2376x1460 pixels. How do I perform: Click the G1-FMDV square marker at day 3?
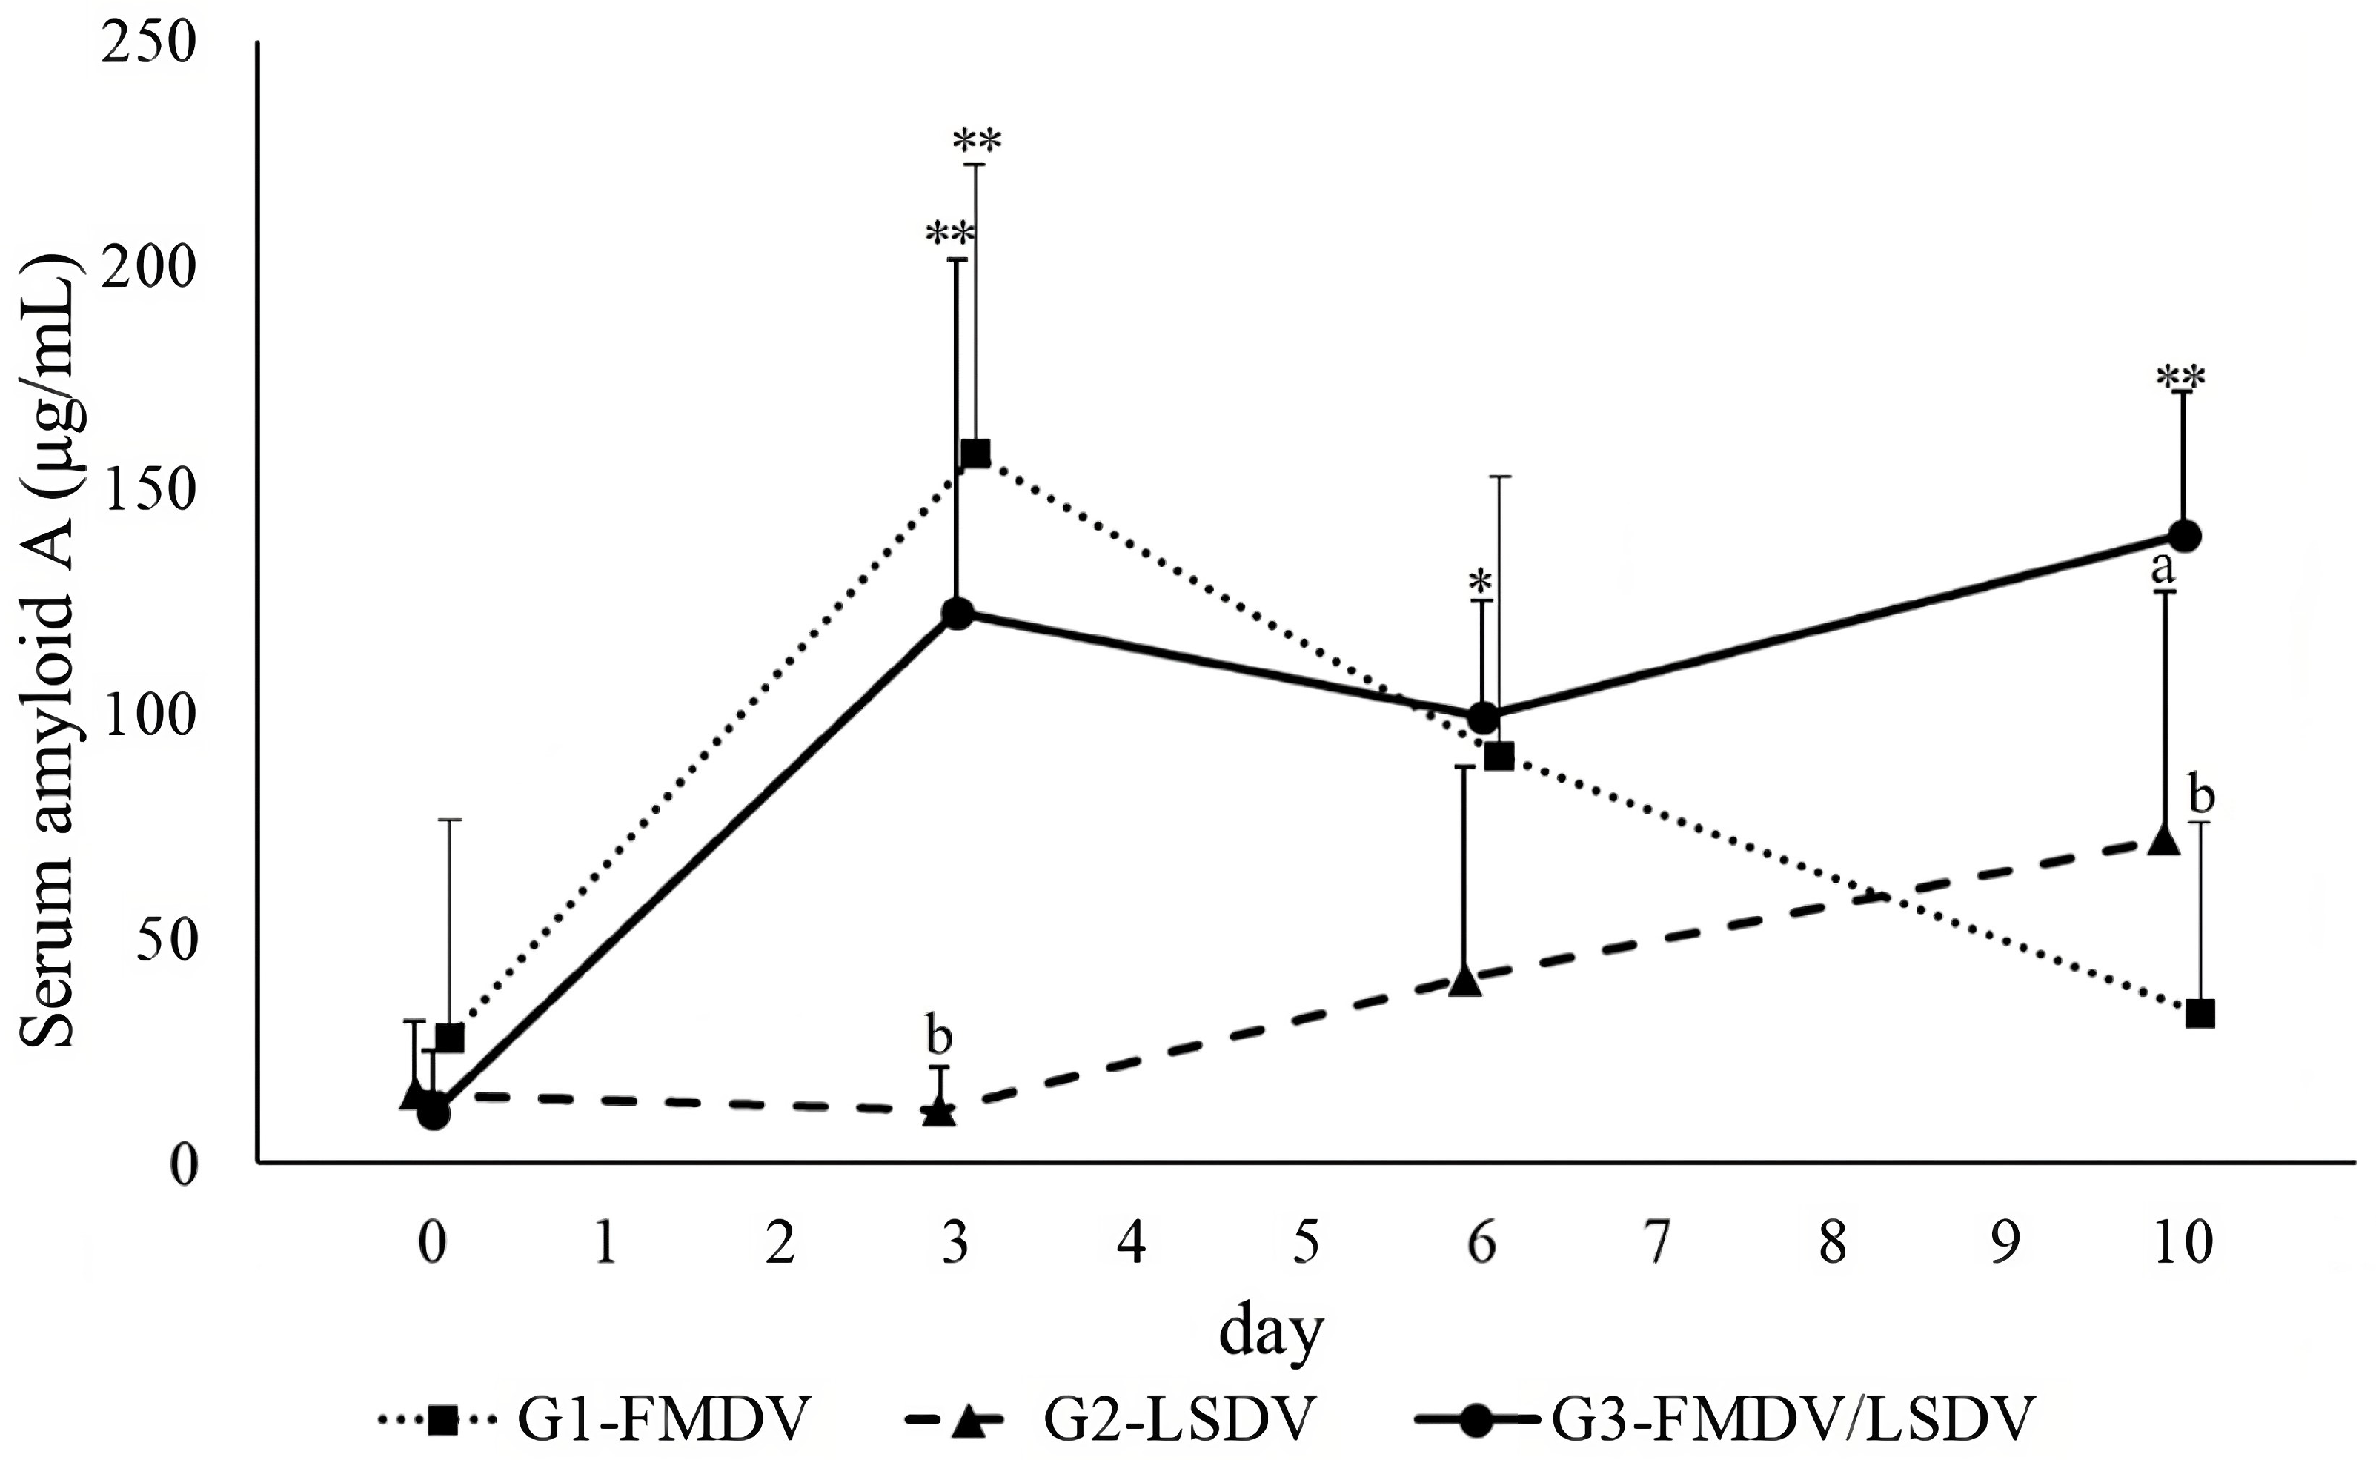point(975,453)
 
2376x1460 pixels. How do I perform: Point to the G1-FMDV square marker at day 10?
point(2200,1013)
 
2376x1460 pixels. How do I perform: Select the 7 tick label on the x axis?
point(1656,1243)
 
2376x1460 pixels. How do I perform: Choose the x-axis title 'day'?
point(1270,1333)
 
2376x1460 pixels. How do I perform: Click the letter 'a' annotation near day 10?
point(2163,568)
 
